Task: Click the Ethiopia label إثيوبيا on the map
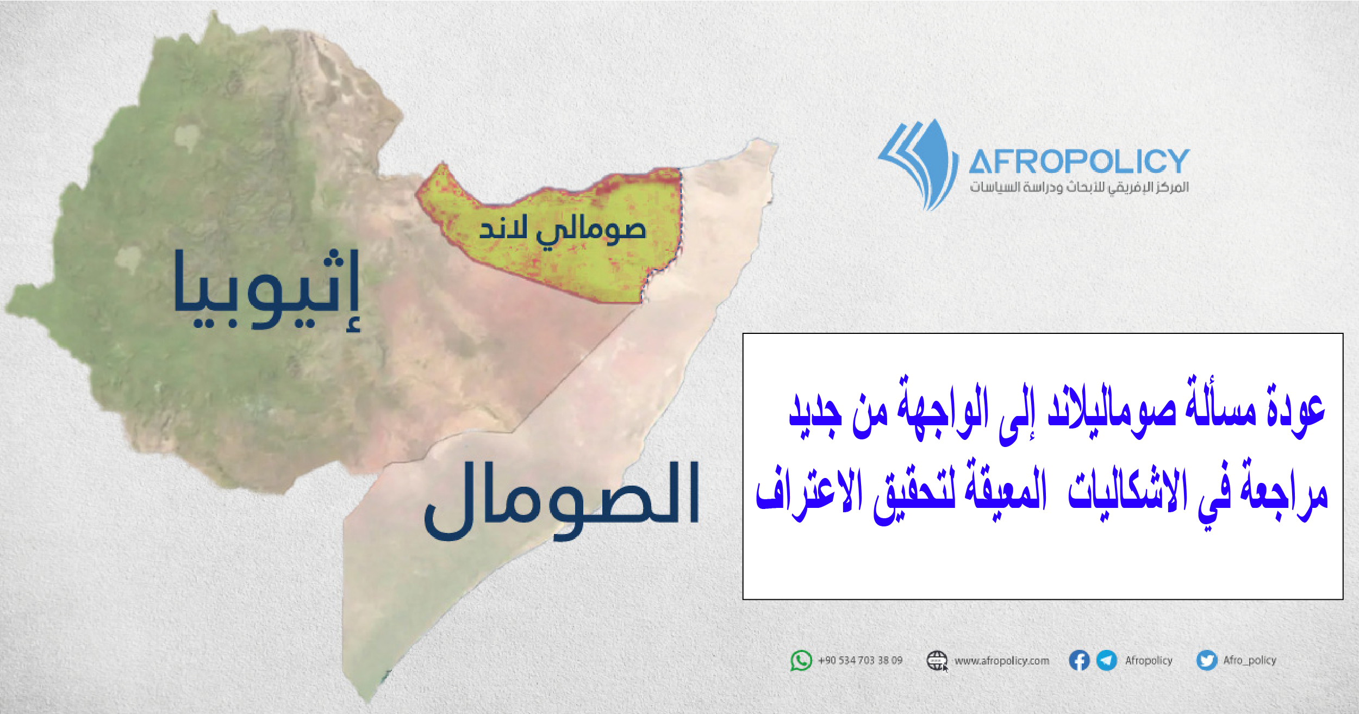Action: [x=266, y=291]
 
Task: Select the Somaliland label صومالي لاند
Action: [x=562, y=231]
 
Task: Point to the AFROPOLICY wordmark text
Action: [x=1079, y=161]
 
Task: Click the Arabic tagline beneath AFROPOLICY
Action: [x=1080, y=188]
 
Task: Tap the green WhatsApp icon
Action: [x=801, y=661]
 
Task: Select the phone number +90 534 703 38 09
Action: [x=860, y=661]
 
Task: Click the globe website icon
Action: [x=937, y=661]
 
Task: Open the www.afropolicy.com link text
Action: [x=1002, y=661]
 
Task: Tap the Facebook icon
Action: [x=1079, y=661]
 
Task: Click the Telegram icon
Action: [x=1107, y=661]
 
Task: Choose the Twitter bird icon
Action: [x=1207, y=661]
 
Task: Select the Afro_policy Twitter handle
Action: [x=1250, y=660]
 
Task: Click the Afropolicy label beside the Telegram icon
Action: [x=1149, y=661]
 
